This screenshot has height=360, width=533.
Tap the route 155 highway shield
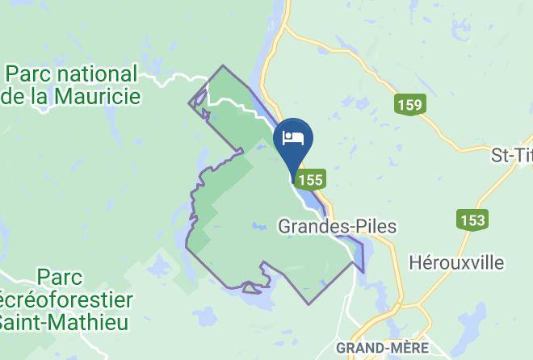point(311,178)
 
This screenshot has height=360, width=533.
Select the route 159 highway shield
point(409,104)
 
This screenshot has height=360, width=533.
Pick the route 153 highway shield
point(472,220)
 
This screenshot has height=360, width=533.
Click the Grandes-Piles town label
point(337,227)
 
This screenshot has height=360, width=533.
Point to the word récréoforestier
point(68,300)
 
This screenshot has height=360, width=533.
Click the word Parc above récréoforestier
point(61,278)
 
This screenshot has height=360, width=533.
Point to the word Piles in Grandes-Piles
point(378,227)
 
